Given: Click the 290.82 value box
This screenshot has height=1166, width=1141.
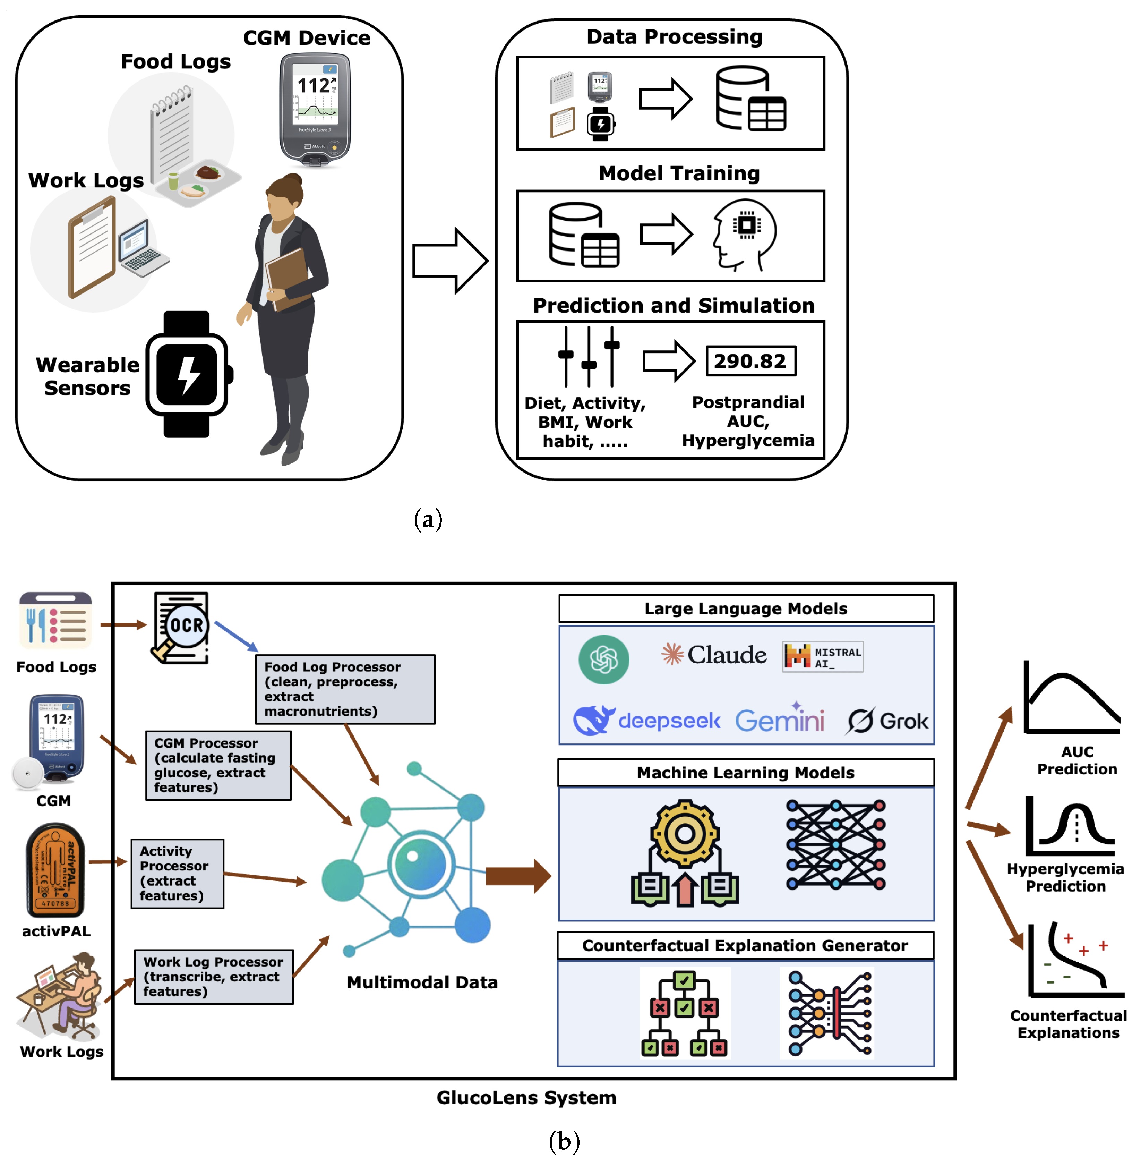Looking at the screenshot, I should tap(750, 361).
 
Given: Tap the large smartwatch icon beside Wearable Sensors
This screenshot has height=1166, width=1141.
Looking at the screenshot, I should tap(187, 374).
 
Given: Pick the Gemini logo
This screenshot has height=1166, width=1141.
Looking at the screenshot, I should tap(779, 720).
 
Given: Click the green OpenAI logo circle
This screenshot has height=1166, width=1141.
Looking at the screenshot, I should tap(603, 659).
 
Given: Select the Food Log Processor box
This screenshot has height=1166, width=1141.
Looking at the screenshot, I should tap(345, 689).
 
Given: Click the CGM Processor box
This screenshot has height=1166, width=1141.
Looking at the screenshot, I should tap(218, 765).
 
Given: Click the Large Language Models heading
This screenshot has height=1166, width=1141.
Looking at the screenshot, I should tap(746, 608).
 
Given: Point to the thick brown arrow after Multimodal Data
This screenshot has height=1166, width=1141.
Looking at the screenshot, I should tap(518, 876).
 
